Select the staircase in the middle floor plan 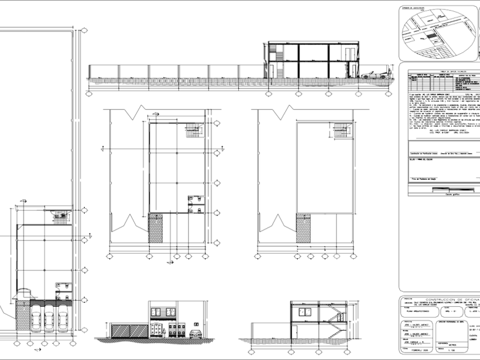point(194,129)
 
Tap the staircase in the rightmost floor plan point(341,130)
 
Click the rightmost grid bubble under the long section point(390,93)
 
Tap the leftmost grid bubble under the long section point(88,93)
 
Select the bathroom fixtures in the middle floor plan point(196,203)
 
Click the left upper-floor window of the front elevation point(156,312)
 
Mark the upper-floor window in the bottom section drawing point(305,313)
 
